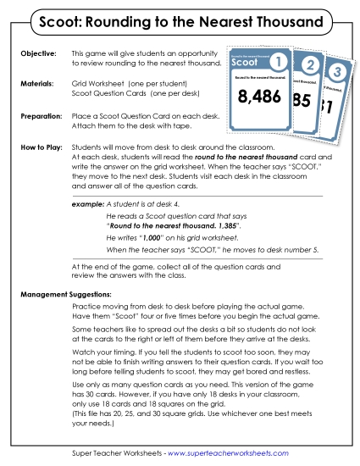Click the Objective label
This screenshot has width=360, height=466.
tap(37, 53)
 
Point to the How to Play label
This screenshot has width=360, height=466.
tap(42, 147)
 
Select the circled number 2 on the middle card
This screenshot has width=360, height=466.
tap(311, 66)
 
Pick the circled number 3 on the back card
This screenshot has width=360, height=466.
tap(337, 72)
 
